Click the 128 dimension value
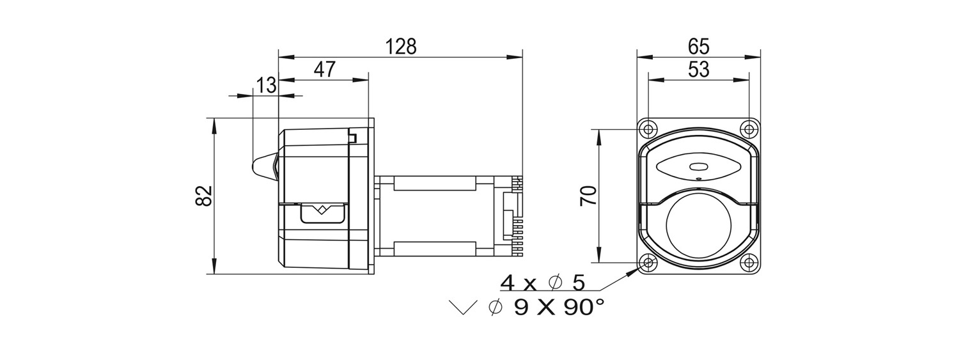point(400,47)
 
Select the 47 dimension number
point(325,69)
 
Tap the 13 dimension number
point(267,85)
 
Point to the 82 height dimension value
point(204,196)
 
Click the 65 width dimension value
point(698,47)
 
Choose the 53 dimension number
point(698,70)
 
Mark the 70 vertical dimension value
point(588,196)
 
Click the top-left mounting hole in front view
point(648,129)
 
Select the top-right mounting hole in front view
point(749,129)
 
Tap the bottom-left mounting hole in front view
point(648,263)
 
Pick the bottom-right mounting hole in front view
point(749,263)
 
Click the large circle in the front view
point(698,193)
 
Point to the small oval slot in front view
point(698,167)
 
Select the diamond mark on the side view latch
point(322,210)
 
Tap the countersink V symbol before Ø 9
point(463,308)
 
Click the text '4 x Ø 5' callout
point(543,282)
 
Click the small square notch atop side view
point(352,138)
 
